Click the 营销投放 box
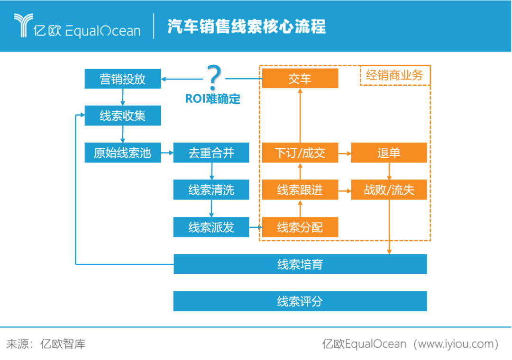[122, 79]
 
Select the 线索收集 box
[122, 116]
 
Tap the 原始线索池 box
[122, 153]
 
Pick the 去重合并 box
[211, 153]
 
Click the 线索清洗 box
[211, 190]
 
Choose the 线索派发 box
[211, 227]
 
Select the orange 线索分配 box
[300, 227]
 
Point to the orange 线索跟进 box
[300, 190]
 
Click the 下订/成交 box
[300, 153]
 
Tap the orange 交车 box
[300, 79]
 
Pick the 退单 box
[389, 153]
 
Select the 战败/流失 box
[389, 190]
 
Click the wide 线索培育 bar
[300, 264]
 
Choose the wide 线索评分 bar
[300, 301]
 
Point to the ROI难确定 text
[212, 99]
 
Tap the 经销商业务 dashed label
[394, 75]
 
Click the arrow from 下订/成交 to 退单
[344, 153]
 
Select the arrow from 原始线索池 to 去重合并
[167, 153]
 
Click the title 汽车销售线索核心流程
[247, 27]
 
